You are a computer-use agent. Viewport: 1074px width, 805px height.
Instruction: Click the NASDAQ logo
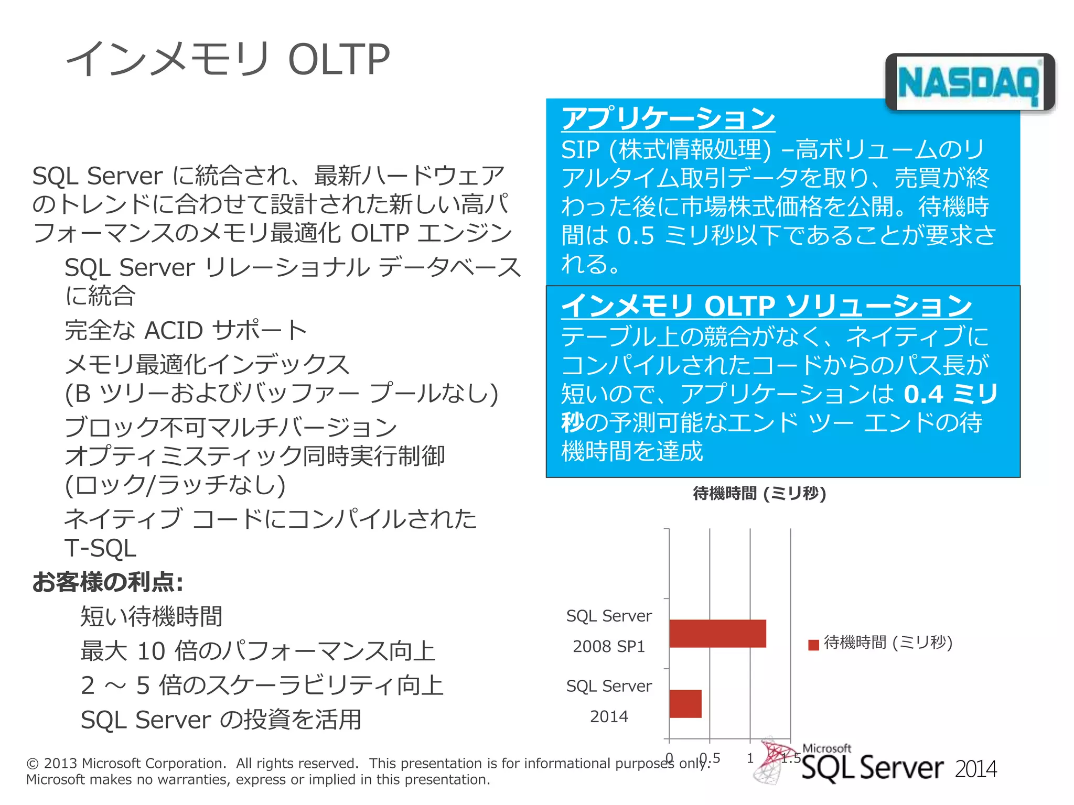[x=969, y=83]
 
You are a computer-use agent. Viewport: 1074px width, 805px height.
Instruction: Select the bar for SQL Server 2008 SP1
[x=717, y=633]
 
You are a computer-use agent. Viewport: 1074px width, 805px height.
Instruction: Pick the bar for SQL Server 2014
[x=685, y=703]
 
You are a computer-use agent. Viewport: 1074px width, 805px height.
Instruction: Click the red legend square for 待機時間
[x=813, y=644]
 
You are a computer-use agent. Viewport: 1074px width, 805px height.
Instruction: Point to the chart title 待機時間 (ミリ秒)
[x=759, y=493]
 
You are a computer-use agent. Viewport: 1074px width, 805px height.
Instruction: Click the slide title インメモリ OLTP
[x=228, y=59]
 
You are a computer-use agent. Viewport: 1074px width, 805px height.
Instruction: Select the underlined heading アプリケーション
[x=668, y=118]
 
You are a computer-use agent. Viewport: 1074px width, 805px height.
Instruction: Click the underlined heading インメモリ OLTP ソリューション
[x=766, y=306]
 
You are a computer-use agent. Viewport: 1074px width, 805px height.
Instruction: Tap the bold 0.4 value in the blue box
[x=923, y=394]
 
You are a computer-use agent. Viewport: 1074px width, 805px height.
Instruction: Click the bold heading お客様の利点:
[x=108, y=582]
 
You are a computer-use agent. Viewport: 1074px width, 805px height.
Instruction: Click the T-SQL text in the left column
[x=100, y=548]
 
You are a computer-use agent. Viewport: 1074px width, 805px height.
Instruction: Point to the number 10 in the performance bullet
[x=151, y=651]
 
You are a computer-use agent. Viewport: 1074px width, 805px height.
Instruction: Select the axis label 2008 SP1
[x=608, y=646]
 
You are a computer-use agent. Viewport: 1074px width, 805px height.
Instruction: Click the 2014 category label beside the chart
[x=608, y=716]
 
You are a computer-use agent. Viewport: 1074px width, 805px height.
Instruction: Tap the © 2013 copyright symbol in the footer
[x=33, y=764]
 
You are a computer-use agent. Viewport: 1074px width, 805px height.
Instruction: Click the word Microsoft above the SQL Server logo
[x=826, y=748]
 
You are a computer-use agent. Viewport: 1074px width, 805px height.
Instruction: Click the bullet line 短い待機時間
[x=151, y=616]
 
